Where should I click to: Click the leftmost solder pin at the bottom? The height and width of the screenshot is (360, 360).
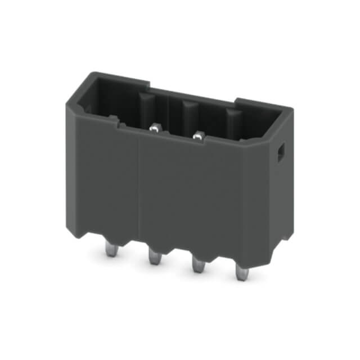tap(112, 249)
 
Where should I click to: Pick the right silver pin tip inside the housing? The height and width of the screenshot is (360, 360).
tap(197, 135)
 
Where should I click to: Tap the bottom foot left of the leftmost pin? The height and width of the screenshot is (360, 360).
tap(90, 231)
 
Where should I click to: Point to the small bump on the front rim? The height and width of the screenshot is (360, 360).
tap(114, 120)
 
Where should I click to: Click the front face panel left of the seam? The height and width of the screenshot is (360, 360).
tap(107, 174)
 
